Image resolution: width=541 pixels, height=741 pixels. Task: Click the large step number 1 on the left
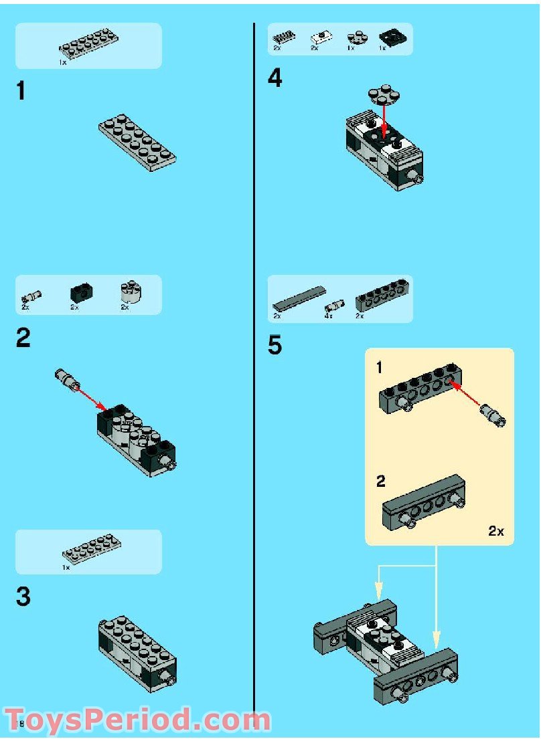pos(21,91)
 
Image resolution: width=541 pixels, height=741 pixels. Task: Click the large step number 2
pos(23,338)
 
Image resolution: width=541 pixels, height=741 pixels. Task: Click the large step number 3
pos(23,596)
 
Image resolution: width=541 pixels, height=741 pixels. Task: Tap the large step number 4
pos(275,79)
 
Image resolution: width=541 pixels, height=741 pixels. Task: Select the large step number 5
pos(275,346)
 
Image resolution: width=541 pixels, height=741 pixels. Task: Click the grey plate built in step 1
pos(138,142)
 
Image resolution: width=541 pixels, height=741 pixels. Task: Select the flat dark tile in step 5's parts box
pos(298,298)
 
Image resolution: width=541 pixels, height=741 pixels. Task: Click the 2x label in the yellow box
pos(495,531)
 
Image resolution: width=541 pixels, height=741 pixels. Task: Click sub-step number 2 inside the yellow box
pos(380,481)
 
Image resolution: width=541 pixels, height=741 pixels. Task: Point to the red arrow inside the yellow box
pos(467,395)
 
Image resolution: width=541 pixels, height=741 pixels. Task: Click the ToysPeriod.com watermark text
pos(137,720)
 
